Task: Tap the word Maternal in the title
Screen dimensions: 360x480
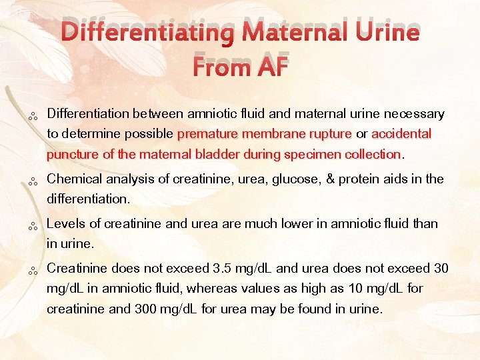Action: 289,33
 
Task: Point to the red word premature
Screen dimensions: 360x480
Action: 208,134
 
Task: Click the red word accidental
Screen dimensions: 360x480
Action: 401,134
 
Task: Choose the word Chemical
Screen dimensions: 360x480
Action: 75,179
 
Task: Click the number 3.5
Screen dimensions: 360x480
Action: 220,268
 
